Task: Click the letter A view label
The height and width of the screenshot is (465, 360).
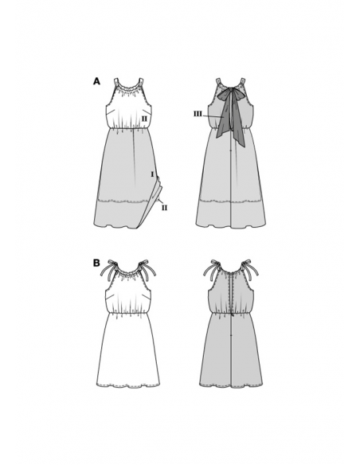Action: [x=96, y=81]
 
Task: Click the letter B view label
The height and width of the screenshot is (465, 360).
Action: [x=96, y=263]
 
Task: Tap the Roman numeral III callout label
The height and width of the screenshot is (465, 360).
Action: [x=198, y=114]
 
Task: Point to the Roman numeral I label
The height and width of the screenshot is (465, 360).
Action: [x=152, y=174]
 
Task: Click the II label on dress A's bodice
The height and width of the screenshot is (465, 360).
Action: [x=144, y=119]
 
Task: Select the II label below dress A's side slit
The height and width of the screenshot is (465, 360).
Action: [x=164, y=208]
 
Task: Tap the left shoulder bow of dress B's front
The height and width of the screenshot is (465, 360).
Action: [x=108, y=269]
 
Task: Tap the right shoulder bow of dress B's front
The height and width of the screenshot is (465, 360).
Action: [x=147, y=269]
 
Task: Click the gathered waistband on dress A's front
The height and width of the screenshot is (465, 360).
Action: [x=127, y=128]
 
